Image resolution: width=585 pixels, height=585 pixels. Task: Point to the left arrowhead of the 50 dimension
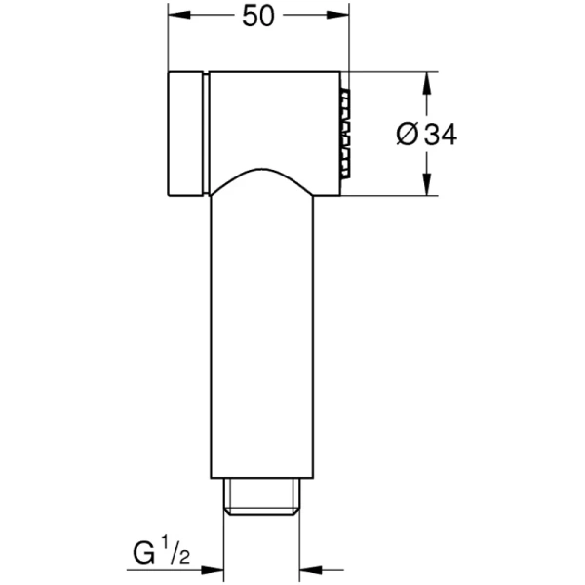pyautogui.click(x=178, y=17)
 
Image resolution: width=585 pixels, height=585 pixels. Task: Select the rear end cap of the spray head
pyautogui.click(x=185, y=134)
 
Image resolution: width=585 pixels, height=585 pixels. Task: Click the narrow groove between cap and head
pyautogui.click(x=206, y=134)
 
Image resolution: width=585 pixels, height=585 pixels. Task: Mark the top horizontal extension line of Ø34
pyautogui.click(x=390, y=71)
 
